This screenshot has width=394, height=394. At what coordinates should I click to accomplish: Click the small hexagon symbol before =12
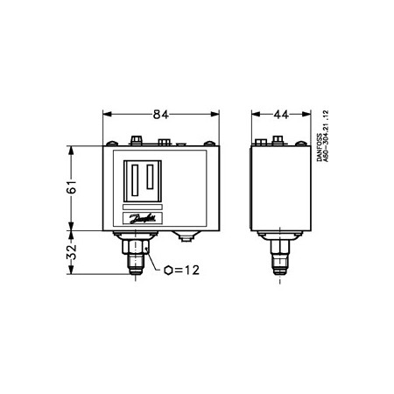(x=166, y=271)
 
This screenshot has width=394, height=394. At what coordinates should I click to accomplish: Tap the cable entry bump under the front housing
(x=184, y=235)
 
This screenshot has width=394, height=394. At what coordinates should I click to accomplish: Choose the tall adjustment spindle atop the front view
(x=135, y=138)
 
